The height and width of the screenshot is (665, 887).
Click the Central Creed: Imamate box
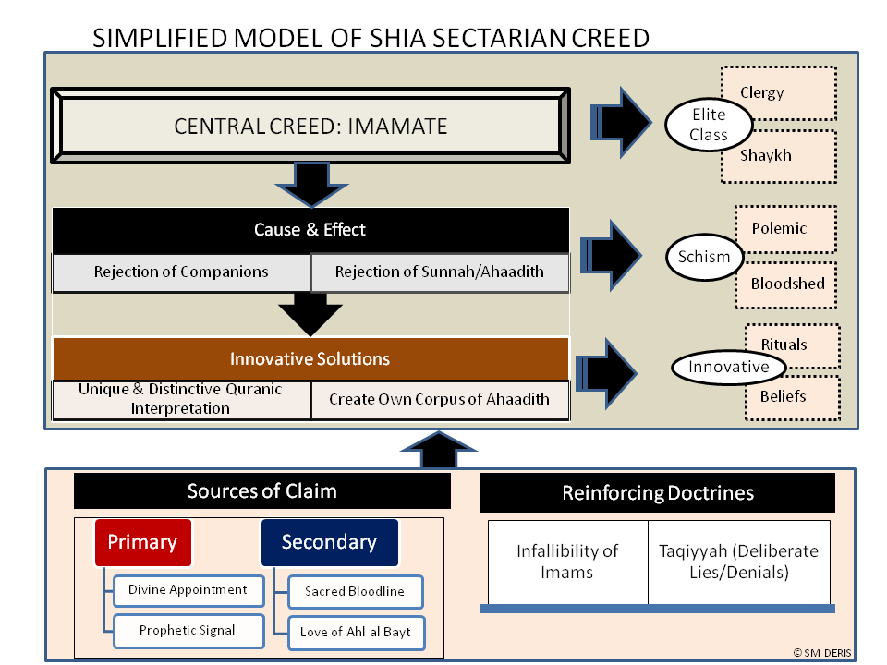pos(310,126)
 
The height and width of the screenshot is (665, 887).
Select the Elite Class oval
pos(709,125)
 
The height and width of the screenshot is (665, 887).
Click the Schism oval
pos(704,257)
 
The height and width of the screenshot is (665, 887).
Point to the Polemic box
pos(785,228)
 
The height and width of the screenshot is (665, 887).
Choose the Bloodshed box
pos(787,284)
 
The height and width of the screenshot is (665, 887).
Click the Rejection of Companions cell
pos(181,272)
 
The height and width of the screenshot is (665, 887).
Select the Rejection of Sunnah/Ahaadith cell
pos(440,272)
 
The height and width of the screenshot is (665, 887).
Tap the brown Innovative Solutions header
pos(310,358)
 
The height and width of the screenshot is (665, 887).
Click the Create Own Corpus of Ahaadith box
pos(440,400)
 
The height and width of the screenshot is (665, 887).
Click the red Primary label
pos(142,542)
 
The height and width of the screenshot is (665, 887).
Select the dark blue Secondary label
pos(329,542)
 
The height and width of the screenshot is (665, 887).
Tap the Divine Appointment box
pos(188,590)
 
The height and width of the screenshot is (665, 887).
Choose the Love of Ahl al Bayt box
pos(356,632)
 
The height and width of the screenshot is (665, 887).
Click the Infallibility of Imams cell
pos(567,562)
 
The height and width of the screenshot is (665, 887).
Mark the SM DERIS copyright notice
pos(822,653)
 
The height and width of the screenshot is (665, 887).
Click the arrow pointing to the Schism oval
pos(611,256)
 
